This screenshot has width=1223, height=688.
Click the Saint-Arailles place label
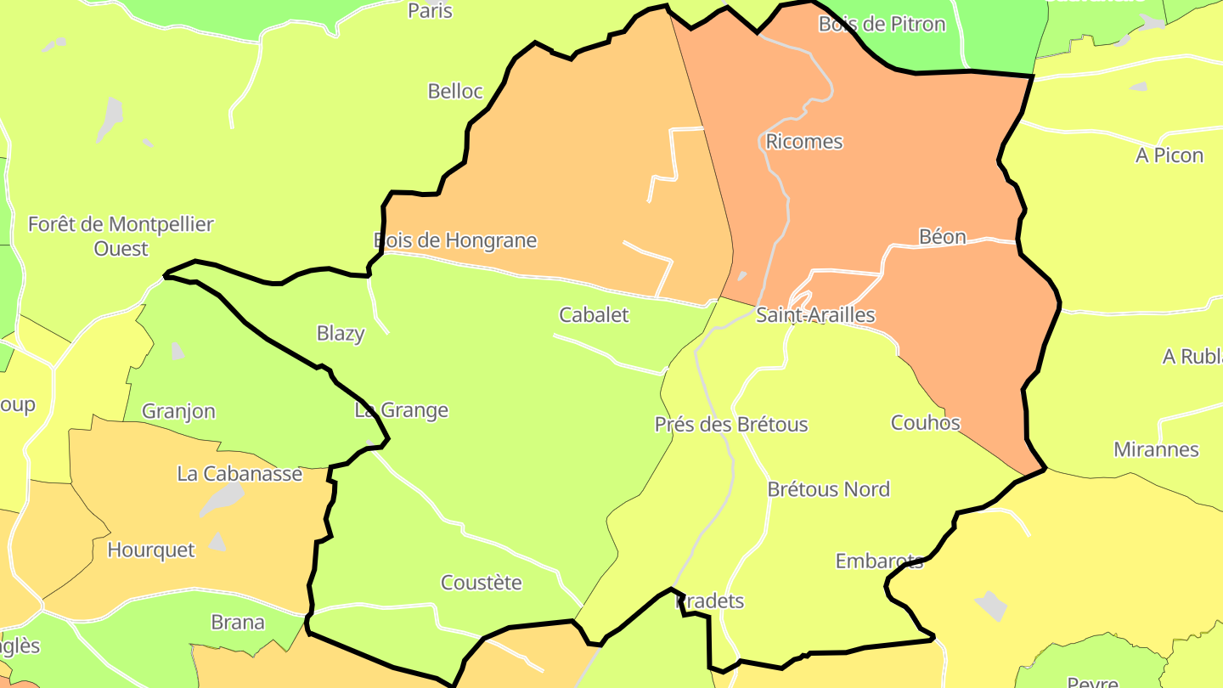(815, 315)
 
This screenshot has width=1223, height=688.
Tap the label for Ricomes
(804, 141)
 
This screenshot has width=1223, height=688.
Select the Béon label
(943, 236)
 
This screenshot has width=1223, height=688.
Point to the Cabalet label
(594, 314)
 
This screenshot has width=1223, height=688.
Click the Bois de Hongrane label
(455, 240)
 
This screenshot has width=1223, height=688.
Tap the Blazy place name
(341, 333)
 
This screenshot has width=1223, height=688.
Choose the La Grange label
(401, 410)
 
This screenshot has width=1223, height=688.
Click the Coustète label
(481, 583)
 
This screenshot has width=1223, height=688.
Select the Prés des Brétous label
(731, 424)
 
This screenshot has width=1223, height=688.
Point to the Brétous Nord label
(828, 489)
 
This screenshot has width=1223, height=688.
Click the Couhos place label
(926, 422)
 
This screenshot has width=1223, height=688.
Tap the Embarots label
(879, 561)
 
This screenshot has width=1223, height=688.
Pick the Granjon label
(178, 411)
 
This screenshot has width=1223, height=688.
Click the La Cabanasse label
(240, 473)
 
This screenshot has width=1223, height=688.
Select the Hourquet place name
(151, 550)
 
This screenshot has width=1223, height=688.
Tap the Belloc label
(455, 91)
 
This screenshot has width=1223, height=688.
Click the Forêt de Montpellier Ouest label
(121, 236)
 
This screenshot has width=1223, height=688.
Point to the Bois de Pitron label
(882, 24)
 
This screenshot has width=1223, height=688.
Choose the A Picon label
(1169, 155)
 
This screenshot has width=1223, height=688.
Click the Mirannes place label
(1156, 449)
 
